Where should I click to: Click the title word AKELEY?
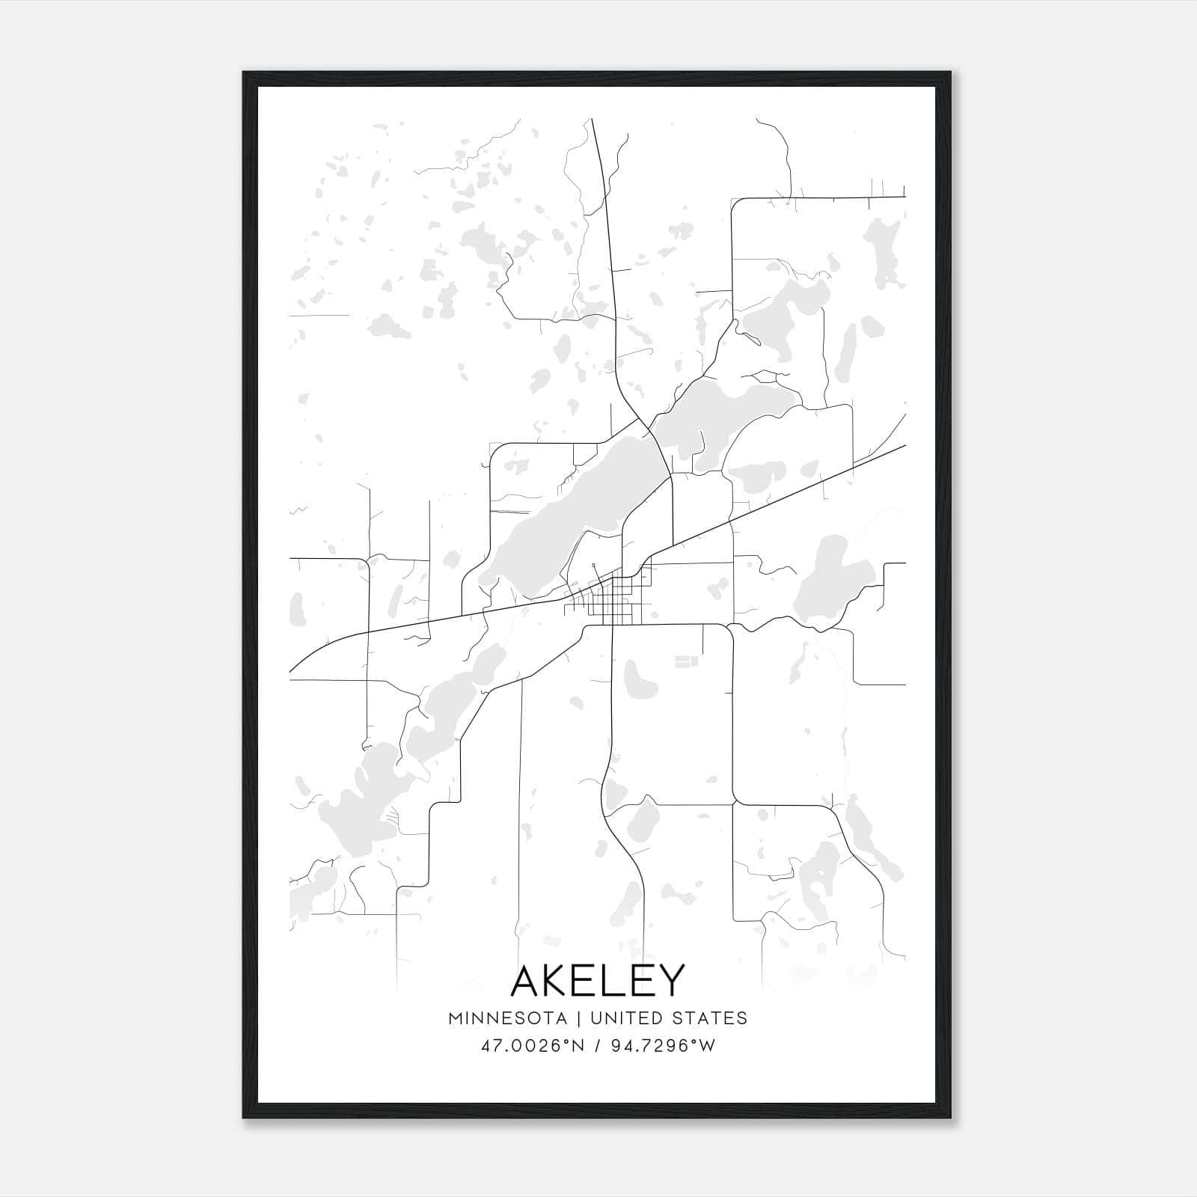tap(598, 981)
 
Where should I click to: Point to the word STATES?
tap(710, 1018)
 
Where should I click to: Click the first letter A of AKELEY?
tap(527, 981)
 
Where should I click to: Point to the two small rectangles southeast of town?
tap(686, 661)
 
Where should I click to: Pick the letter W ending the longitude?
tap(707, 1046)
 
